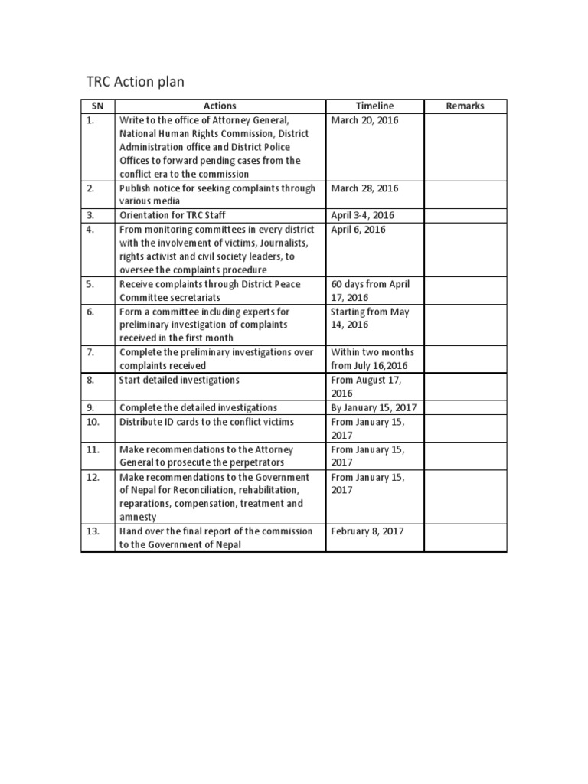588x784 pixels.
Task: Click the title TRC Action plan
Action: (x=134, y=82)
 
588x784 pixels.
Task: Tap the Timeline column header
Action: (x=375, y=106)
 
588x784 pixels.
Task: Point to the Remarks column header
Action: (x=465, y=106)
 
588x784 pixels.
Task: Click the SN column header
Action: (x=97, y=106)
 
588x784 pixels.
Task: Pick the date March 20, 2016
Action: (x=364, y=120)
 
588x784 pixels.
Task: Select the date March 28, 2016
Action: (x=364, y=188)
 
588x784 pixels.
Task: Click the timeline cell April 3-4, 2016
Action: (x=363, y=216)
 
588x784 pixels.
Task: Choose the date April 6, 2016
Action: (x=358, y=229)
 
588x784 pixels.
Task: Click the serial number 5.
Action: (x=90, y=284)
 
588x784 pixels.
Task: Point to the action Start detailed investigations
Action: (x=179, y=380)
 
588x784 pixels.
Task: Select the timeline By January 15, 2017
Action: (x=374, y=407)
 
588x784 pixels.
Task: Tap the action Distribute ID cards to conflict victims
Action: (x=206, y=422)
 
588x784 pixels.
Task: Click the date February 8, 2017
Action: (x=367, y=531)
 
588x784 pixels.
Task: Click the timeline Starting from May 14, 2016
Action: (x=370, y=318)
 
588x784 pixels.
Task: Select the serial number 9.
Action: (x=90, y=407)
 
